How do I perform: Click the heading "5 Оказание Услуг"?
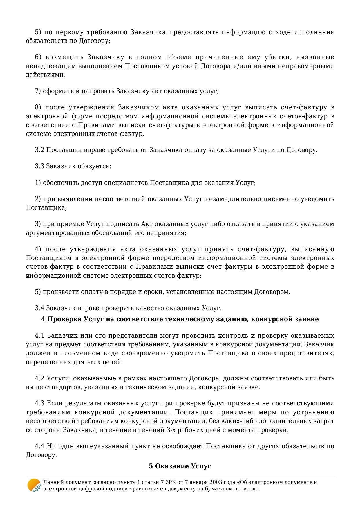(180, 466)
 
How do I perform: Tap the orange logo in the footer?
(34, 485)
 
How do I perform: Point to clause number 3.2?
(39, 150)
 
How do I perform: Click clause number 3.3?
(39, 166)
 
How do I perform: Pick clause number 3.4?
(39, 308)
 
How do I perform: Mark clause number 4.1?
(40, 336)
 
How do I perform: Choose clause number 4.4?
(40, 446)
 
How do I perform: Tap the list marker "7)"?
(38, 91)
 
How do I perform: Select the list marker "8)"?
(38, 107)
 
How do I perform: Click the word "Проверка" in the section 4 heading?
(64, 319)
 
